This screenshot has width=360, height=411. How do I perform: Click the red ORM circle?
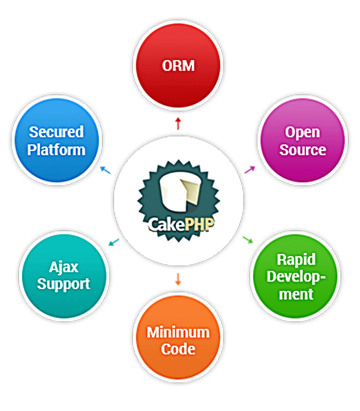[178, 66]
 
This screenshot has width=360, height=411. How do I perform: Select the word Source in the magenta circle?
[303, 150]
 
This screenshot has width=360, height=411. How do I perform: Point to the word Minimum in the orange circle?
[178, 332]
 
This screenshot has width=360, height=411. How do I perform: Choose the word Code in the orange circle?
[178, 349]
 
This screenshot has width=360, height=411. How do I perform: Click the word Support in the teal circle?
[63, 284]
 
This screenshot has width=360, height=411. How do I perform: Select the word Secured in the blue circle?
[56, 132]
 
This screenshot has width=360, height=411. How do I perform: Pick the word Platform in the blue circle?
[56, 150]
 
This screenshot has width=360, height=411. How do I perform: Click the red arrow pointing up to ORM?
[178, 123]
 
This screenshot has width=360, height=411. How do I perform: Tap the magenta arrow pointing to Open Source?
[249, 169]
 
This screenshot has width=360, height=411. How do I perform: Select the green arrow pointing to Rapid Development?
[247, 239]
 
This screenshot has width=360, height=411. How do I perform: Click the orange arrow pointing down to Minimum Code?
[178, 279]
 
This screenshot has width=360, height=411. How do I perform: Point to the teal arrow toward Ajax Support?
[114, 241]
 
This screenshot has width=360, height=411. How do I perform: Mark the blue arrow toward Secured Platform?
[105, 170]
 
